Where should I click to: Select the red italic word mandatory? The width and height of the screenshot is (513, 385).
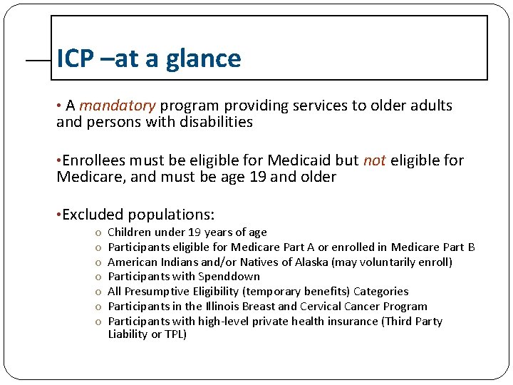click(x=118, y=106)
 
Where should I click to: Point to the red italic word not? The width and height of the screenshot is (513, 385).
click(x=374, y=160)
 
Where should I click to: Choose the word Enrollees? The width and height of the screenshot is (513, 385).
click(x=95, y=160)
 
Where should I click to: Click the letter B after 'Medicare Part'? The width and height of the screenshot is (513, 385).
click(x=471, y=247)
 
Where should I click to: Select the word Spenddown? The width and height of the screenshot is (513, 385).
click(x=229, y=277)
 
